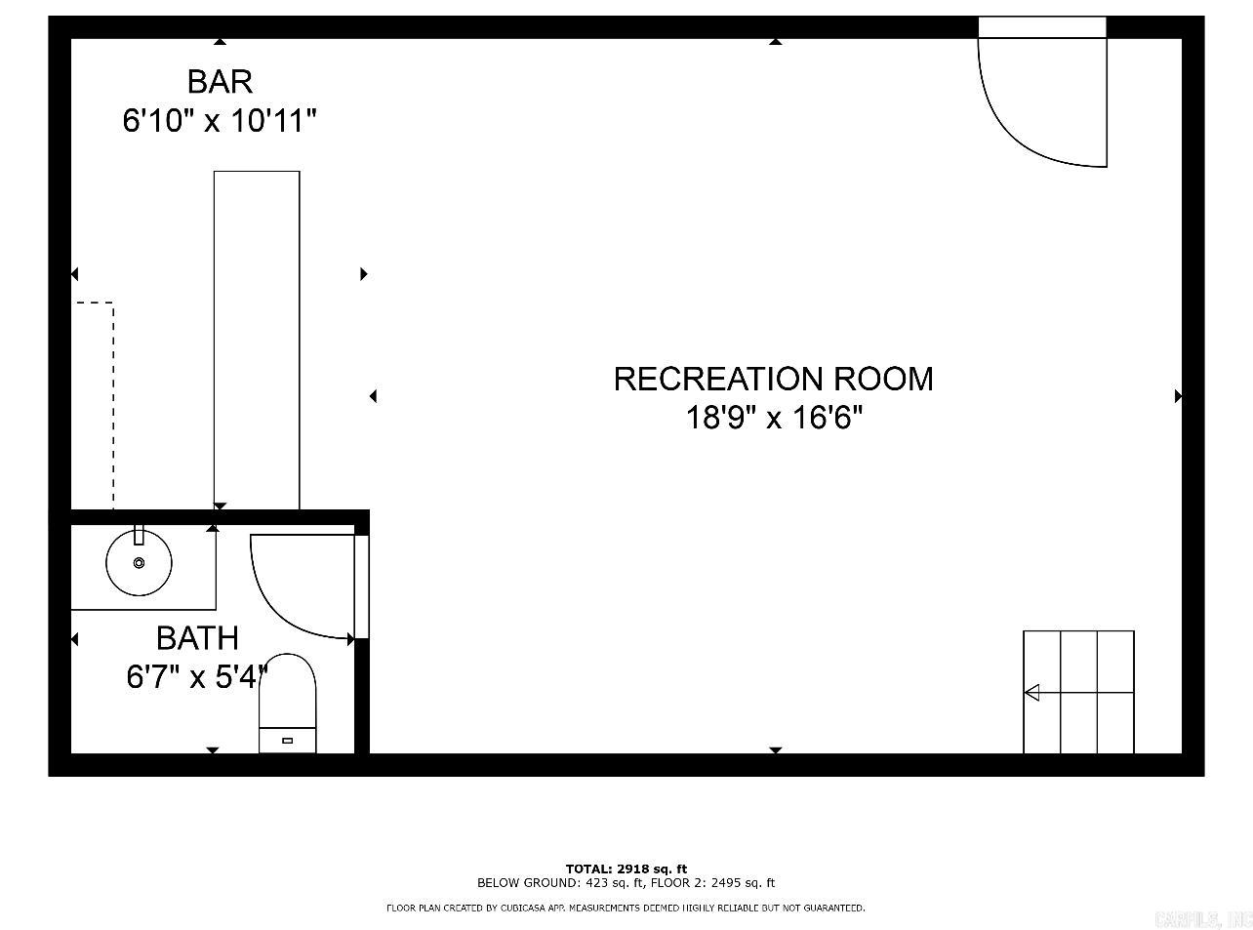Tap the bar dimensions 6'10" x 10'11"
220,121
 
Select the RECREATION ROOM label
773,379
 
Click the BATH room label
197,638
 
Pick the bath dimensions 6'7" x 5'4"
197,676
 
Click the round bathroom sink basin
139,562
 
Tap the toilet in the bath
288,703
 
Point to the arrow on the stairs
1032,693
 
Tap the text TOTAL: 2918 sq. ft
626,869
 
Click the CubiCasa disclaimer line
626,909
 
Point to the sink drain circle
139,562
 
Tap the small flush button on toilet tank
287,740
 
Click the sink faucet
139,534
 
